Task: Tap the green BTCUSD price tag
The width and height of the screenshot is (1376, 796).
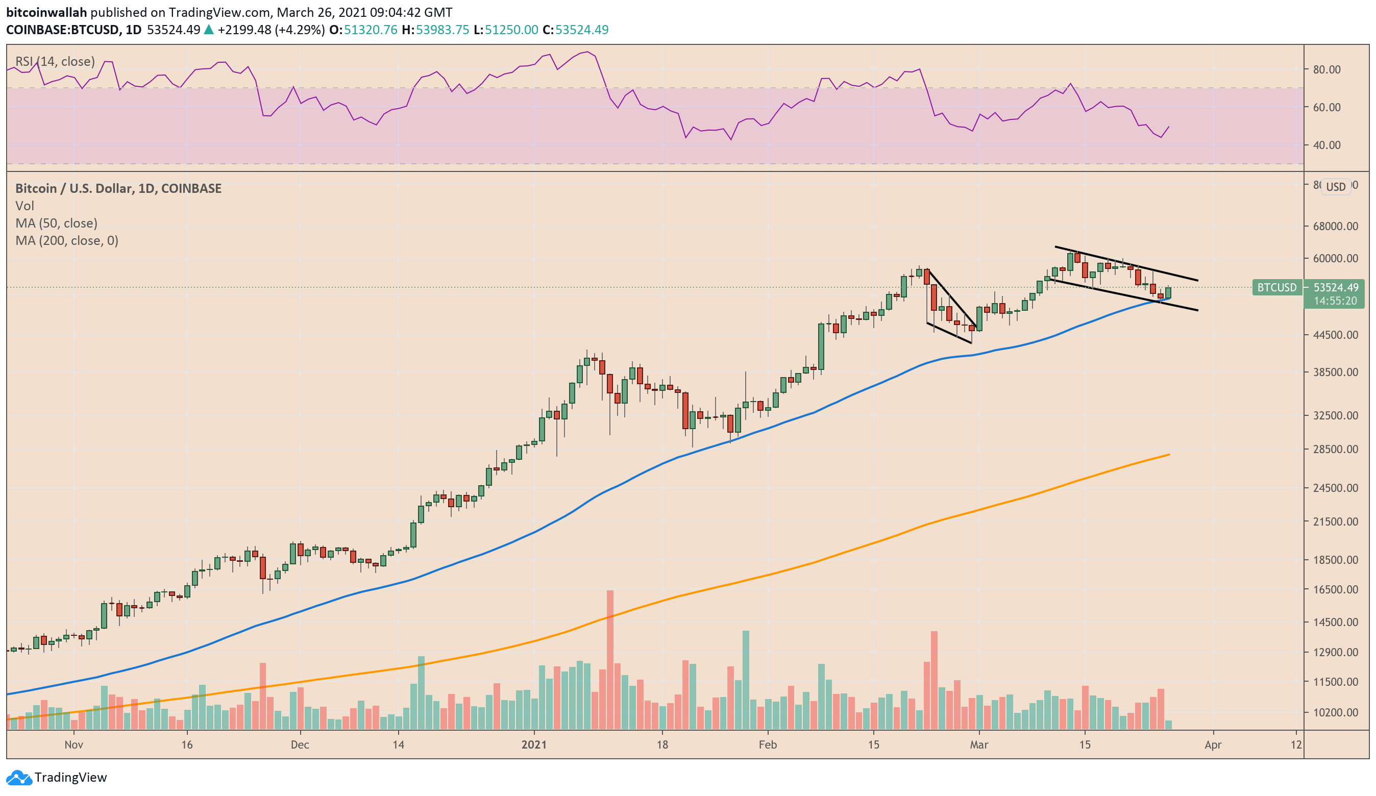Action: (x=1276, y=287)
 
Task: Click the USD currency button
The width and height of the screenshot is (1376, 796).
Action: (x=1336, y=187)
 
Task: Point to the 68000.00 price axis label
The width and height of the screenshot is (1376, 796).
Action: (x=1335, y=226)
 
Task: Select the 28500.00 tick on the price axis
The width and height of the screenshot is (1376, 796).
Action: (x=1335, y=449)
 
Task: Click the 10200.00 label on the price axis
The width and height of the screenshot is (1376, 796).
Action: (x=1335, y=712)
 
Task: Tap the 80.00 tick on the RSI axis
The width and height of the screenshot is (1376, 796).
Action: (x=1326, y=69)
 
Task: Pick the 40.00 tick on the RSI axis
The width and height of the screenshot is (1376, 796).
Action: (x=1326, y=145)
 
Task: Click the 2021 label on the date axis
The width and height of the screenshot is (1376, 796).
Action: (x=533, y=744)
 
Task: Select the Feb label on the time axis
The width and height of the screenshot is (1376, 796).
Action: (x=767, y=744)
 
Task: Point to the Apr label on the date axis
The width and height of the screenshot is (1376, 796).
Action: (x=1213, y=744)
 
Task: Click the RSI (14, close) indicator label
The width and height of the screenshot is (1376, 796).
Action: (x=55, y=61)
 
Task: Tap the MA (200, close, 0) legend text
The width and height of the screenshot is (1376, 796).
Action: (x=67, y=240)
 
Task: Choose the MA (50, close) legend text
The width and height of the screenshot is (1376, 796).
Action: (x=56, y=223)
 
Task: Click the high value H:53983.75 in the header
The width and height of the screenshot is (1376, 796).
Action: (x=435, y=30)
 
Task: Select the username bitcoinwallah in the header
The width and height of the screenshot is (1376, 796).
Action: (x=46, y=12)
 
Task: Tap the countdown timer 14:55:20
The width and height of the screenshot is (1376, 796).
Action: (x=1335, y=301)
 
